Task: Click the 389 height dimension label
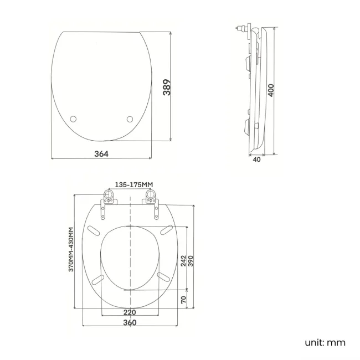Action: (165, 88)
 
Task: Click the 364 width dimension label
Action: (102, 153)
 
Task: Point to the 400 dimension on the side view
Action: (271, 90)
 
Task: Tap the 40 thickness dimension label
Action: (256, 160)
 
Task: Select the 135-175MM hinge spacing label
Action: (133, 184)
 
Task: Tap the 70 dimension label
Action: (184, 300)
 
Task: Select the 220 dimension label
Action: (130, 312)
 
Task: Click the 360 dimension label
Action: (130, 322)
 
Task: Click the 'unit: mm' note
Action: (325, 342)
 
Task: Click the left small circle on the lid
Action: (75, 119)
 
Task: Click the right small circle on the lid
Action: (130, 119)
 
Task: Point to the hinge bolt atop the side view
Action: (243, 27)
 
